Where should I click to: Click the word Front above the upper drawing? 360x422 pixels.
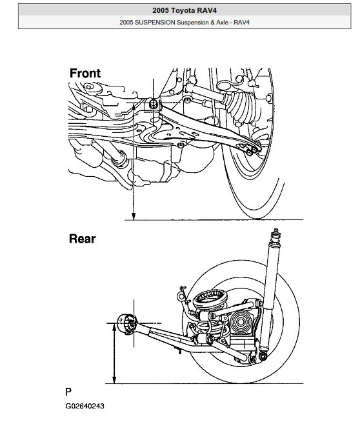[85, 74]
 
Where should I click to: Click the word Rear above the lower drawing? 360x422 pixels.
[82, 239]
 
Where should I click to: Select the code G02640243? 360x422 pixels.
[85, 407]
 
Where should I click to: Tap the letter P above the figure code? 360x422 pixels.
[68, 392]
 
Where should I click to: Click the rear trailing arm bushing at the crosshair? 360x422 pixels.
[125, 322]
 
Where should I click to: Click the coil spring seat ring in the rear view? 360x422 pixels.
[210, 300]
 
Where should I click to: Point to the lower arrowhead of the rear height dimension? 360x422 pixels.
[115, 380]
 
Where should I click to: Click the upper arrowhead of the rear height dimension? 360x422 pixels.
[115, 327]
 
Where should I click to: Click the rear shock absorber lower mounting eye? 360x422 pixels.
[262, 354]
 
